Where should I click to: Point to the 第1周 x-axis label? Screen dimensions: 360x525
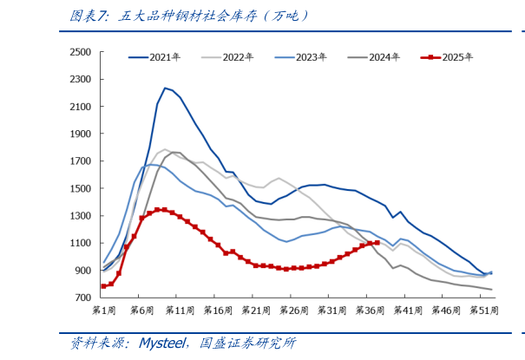104,310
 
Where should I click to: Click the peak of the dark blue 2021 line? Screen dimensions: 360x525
165,88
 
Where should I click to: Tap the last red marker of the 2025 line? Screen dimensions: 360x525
377,243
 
